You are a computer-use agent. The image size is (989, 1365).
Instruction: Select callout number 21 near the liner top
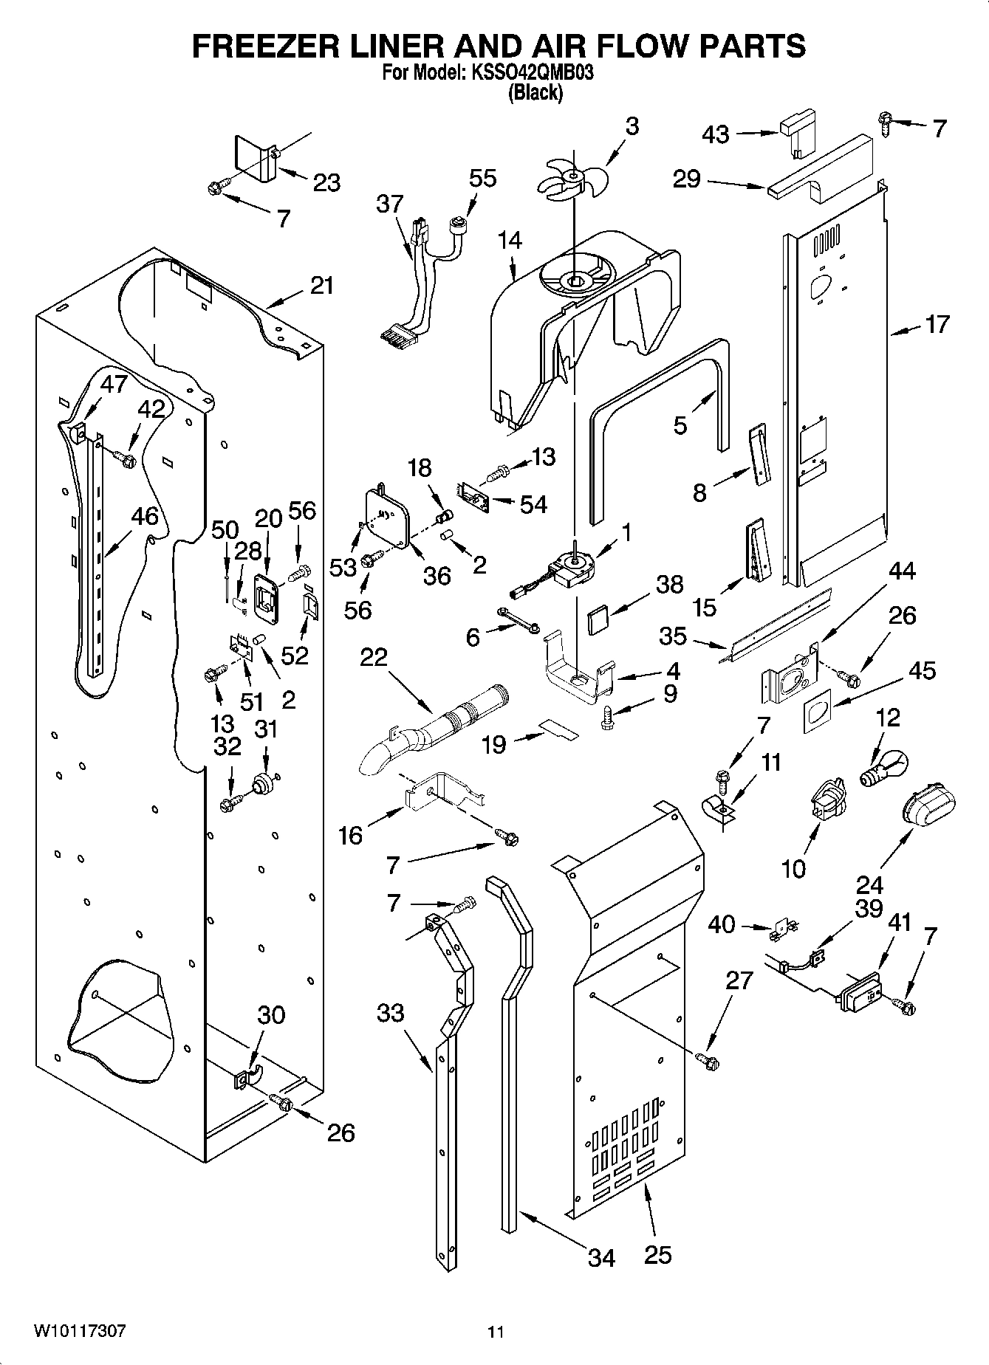[321, 286]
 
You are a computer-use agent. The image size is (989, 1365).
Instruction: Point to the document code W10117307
[80, 1332]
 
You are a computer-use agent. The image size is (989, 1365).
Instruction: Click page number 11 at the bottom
[496, 1333]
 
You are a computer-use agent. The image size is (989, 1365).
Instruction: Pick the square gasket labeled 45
[815, 712]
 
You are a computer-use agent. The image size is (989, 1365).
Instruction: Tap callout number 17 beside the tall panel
[937, 325]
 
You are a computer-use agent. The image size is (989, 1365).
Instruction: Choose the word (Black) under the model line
[535, 93]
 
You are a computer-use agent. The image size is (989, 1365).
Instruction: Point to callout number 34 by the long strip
[601, 1257]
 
